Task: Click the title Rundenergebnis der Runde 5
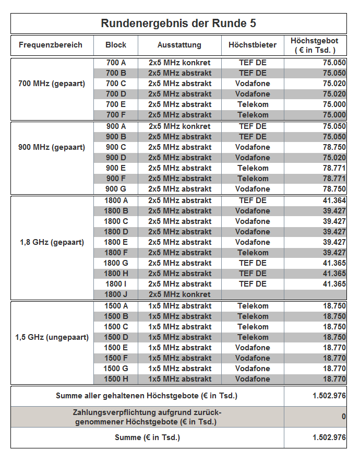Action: click(x=178, y=23)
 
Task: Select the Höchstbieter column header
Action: click(x=253, y=45)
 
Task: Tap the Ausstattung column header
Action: click(x=179, y=45)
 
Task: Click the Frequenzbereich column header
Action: click(x=51, y=45)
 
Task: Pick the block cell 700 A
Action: click(x=116, y=63)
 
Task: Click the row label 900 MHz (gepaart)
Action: click(x=52, y=147)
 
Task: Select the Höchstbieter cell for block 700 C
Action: click(x=253, y=84)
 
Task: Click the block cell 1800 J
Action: click(x=116, y=294)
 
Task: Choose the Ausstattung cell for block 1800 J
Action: click(x=179, y=294)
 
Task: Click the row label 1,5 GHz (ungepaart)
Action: click(x=52, y=337)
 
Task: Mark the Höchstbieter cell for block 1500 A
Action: click(x=253, y=306)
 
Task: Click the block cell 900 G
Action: click(x=116, y=189)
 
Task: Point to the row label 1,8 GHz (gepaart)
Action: click(x=52, y=242)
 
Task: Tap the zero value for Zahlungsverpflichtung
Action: click(x=343, y=417)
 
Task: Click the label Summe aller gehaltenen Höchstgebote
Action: click(x=147, y=396)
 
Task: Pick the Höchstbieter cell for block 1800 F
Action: click(x=253, y=253)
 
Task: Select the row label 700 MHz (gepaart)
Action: click(x=52, y=84)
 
